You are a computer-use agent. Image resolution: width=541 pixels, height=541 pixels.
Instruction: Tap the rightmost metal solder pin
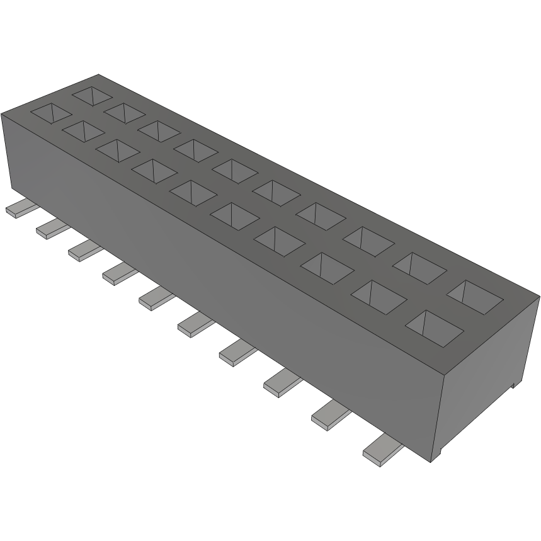point(382,450)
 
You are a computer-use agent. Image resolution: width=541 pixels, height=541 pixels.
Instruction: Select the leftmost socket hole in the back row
point(93,95)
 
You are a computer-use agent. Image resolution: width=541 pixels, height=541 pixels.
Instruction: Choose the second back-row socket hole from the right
point(420,267)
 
